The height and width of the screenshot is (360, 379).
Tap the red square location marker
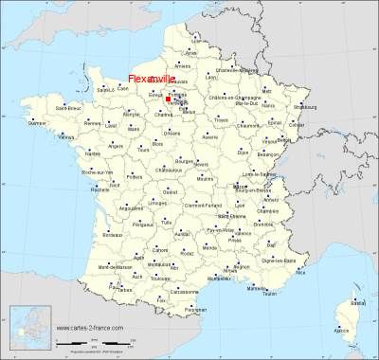(168, 98)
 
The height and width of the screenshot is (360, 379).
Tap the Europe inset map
(27, 327)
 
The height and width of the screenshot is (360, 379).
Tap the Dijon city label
(243, 151)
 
